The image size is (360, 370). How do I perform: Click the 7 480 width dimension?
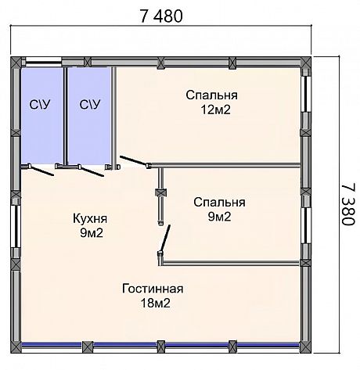pos(161,16)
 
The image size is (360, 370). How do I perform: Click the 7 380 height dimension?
pos(348,204)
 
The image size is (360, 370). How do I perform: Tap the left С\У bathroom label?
pos(40,105)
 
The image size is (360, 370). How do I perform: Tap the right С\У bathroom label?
pos(90,105)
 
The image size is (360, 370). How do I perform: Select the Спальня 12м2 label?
pos(212,102)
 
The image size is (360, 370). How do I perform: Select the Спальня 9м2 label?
pos(219,210)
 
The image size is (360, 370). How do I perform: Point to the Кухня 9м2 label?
pos(90,225)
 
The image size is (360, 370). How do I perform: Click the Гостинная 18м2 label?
pos(153,296)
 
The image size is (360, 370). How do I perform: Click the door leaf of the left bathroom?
pos(42,171)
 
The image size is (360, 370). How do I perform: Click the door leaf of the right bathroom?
pos(92,171)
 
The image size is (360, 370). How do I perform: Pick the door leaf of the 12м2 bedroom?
pos(134,160)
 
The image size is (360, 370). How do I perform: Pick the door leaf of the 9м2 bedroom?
pos(166,238)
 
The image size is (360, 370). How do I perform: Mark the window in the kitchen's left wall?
pos(16,226)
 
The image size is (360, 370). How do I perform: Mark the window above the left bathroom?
pos(44,62)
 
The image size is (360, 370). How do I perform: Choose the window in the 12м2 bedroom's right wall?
pos(305,94)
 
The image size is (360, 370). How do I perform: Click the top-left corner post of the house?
pos(16,62)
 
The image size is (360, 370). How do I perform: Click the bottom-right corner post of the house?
pos(305,347)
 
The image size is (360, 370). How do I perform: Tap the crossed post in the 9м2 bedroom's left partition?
pos(161,193)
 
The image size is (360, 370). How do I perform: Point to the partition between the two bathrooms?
pos(66,116)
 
